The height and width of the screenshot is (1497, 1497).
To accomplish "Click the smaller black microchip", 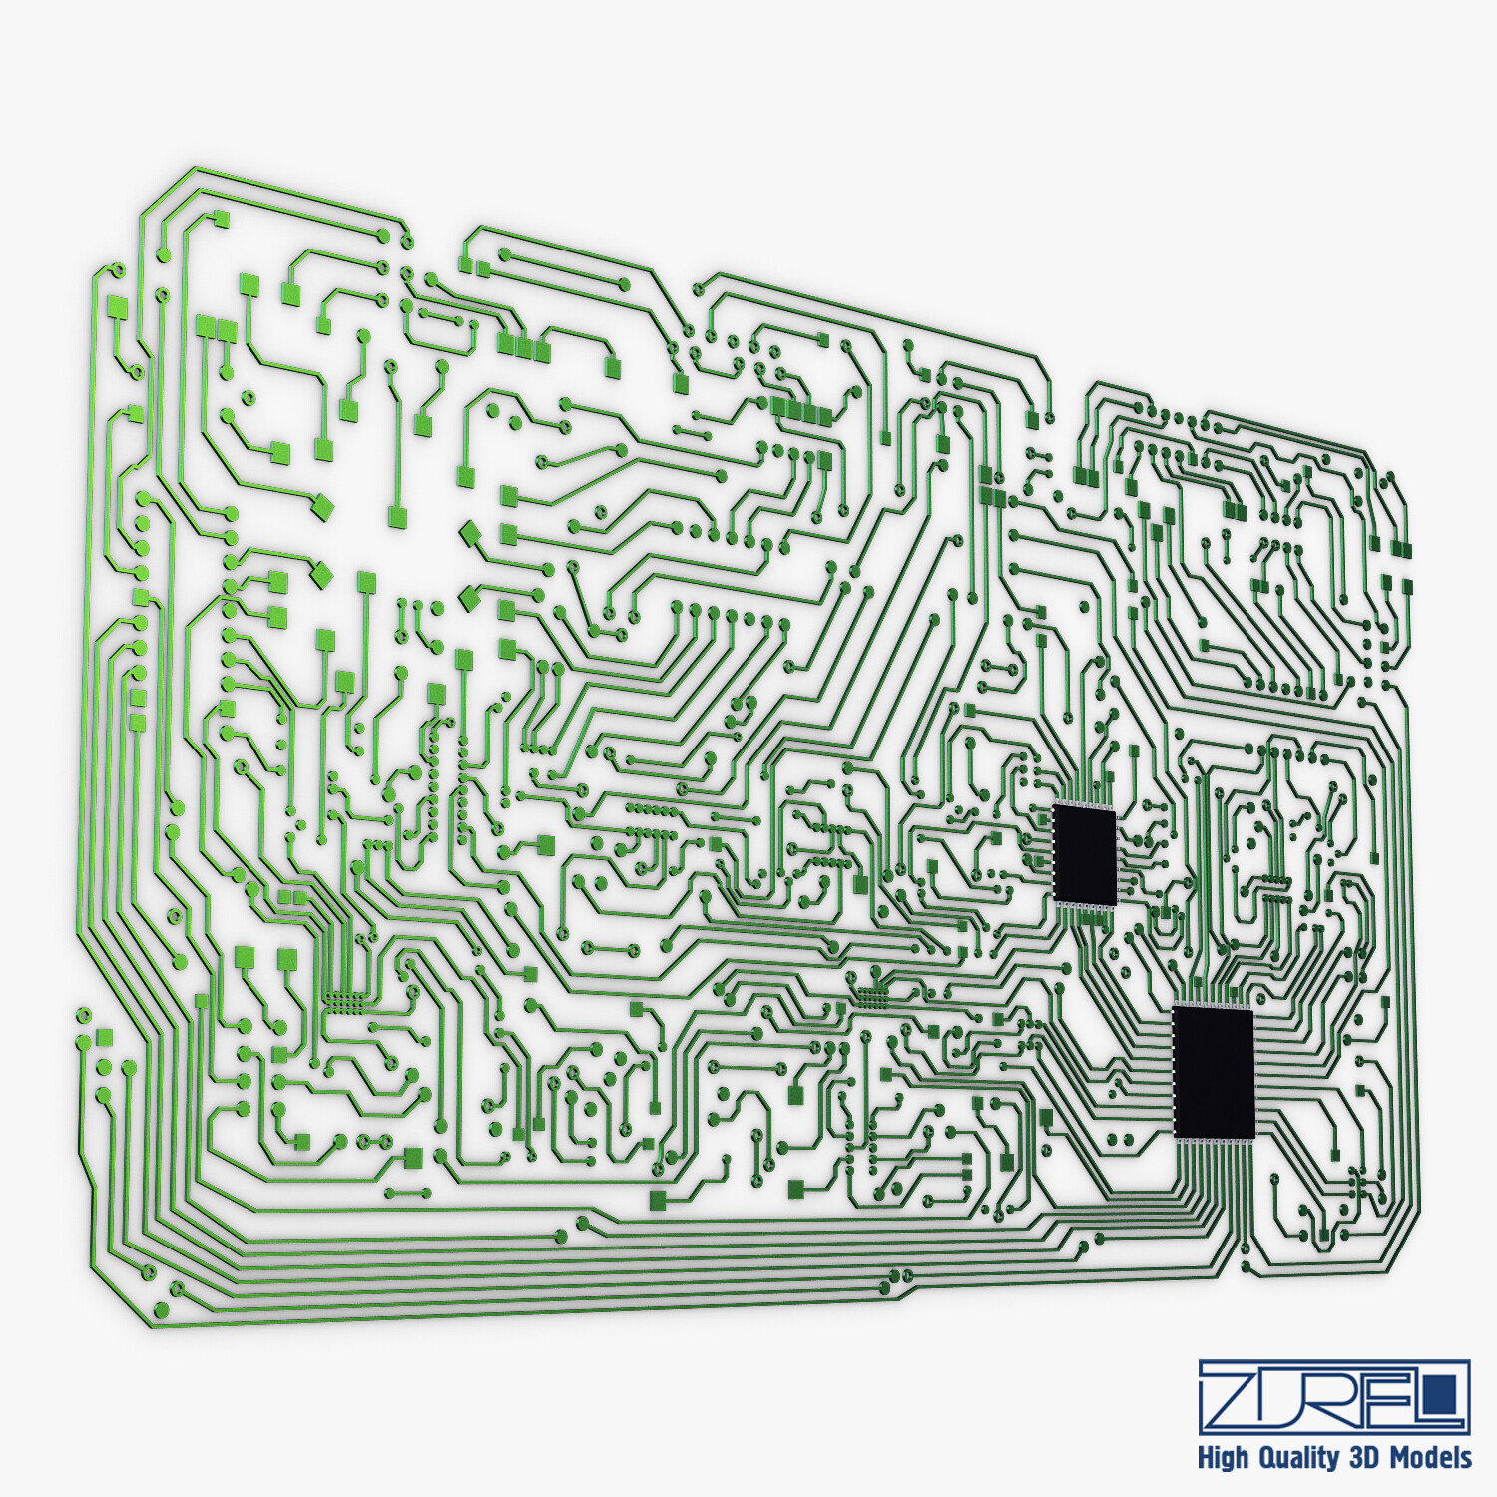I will (x=1085, y=855).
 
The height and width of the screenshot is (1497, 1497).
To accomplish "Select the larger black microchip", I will (x=1214, y=1071).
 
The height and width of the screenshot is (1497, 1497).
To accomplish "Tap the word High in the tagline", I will (x=1223, y=1458).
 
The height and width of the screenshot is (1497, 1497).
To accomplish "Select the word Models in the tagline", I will (x=1431, y=1457).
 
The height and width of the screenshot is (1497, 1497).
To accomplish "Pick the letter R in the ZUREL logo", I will (x=1341, y=1396).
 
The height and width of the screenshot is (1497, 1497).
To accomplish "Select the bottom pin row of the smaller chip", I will (x=1086, y=906).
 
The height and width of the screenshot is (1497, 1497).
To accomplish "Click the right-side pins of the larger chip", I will (x=1257, y=1073).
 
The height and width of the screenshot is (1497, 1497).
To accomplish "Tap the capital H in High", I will (x=1206, y=1458).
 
